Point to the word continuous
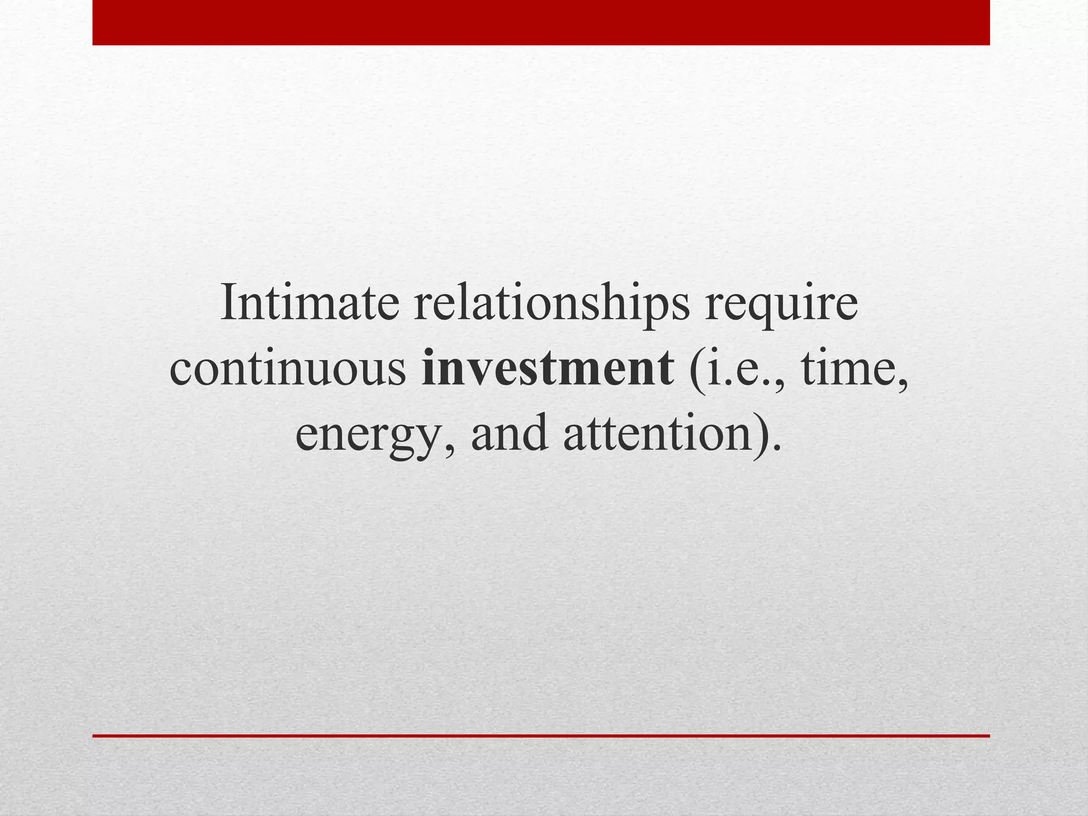[x=287, y=370]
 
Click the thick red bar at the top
[x=541, y=22]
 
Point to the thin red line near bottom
[x=541, y=736]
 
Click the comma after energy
[x=450, y=449]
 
